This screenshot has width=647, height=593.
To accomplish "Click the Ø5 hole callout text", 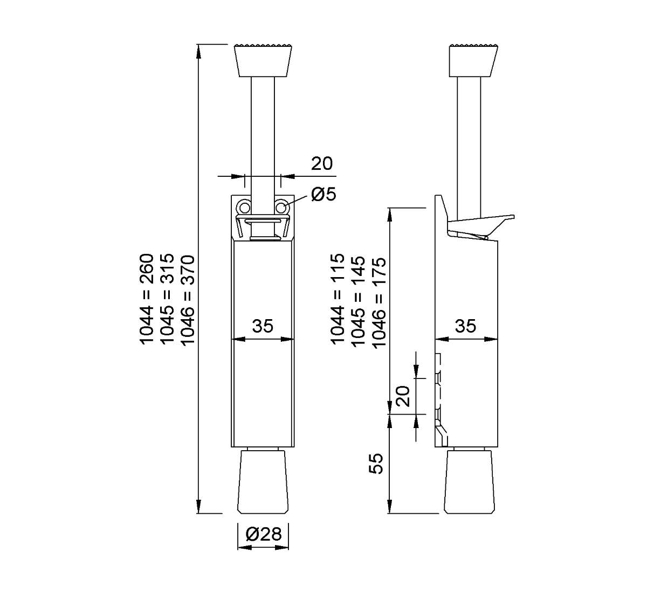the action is tap(323, 194).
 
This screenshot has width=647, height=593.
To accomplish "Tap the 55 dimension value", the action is tap(376, 464).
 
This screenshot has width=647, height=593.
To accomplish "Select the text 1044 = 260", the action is tap(147, 299).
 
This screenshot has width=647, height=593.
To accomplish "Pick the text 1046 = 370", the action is tap(188, 301).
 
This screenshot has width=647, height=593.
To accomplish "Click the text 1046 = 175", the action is tap(379, 302).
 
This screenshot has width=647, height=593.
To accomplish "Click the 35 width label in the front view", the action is tap(263, 326).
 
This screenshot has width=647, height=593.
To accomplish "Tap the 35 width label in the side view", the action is tap(465, 326).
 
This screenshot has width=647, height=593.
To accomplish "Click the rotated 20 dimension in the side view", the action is tap(403, 396).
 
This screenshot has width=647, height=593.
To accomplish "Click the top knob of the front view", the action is tap(263, 61).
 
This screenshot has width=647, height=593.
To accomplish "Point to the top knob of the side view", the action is tap(473, 61).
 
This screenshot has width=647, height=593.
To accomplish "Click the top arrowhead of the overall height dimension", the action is tap(198, 52).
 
